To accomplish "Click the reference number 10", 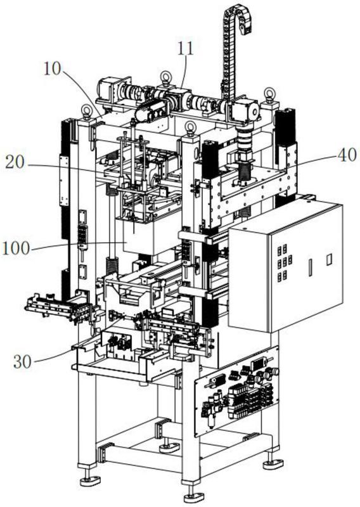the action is tap(52, 68).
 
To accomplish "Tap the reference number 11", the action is tap(185, 49).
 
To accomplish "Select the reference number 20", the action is tap(15, 162).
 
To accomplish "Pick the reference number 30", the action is tap(22, 361).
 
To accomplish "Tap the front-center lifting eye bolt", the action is tap(191, 128).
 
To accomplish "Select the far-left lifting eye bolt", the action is tap(87, 112).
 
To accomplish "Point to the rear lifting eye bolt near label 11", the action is tap(166, 77).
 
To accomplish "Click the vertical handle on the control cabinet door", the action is tap(310, 267).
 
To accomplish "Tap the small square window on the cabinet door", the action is tap(329, 260).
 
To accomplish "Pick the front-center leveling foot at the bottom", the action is tap(193, 496).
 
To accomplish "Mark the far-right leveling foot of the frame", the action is tap(273, 464).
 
